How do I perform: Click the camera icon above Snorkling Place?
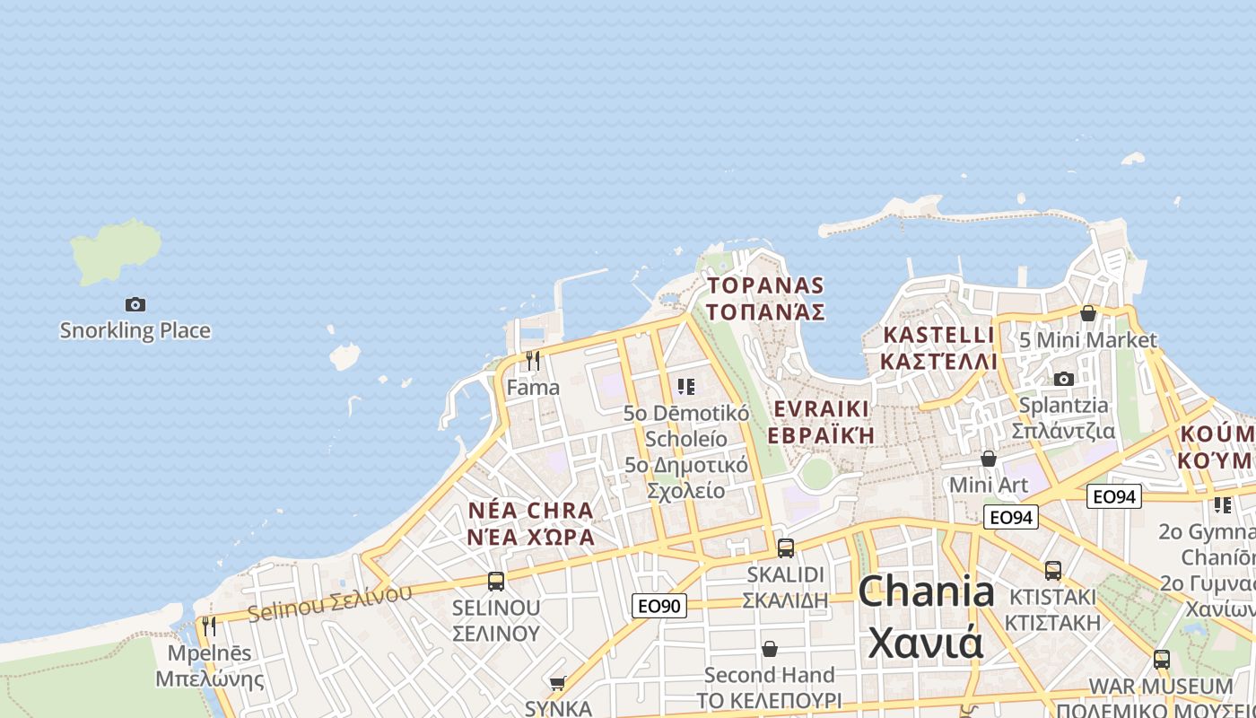135,304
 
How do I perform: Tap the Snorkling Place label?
135,330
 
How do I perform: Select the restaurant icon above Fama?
533,360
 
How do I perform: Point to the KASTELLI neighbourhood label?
938,348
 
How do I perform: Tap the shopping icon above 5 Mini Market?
1088,313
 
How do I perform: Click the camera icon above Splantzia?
1064,379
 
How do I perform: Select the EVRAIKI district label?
821,422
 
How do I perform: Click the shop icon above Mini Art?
989,459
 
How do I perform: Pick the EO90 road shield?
659,606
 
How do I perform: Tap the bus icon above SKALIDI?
786,547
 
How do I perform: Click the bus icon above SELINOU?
496,581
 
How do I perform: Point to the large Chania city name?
926,617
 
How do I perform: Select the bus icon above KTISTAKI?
1053,570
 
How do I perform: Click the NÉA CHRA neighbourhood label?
531,523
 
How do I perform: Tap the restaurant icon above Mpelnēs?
209,626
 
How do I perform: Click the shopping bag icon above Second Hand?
770,648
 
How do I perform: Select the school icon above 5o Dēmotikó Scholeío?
686,387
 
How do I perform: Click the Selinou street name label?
329,602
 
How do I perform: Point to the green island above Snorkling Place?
118,251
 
